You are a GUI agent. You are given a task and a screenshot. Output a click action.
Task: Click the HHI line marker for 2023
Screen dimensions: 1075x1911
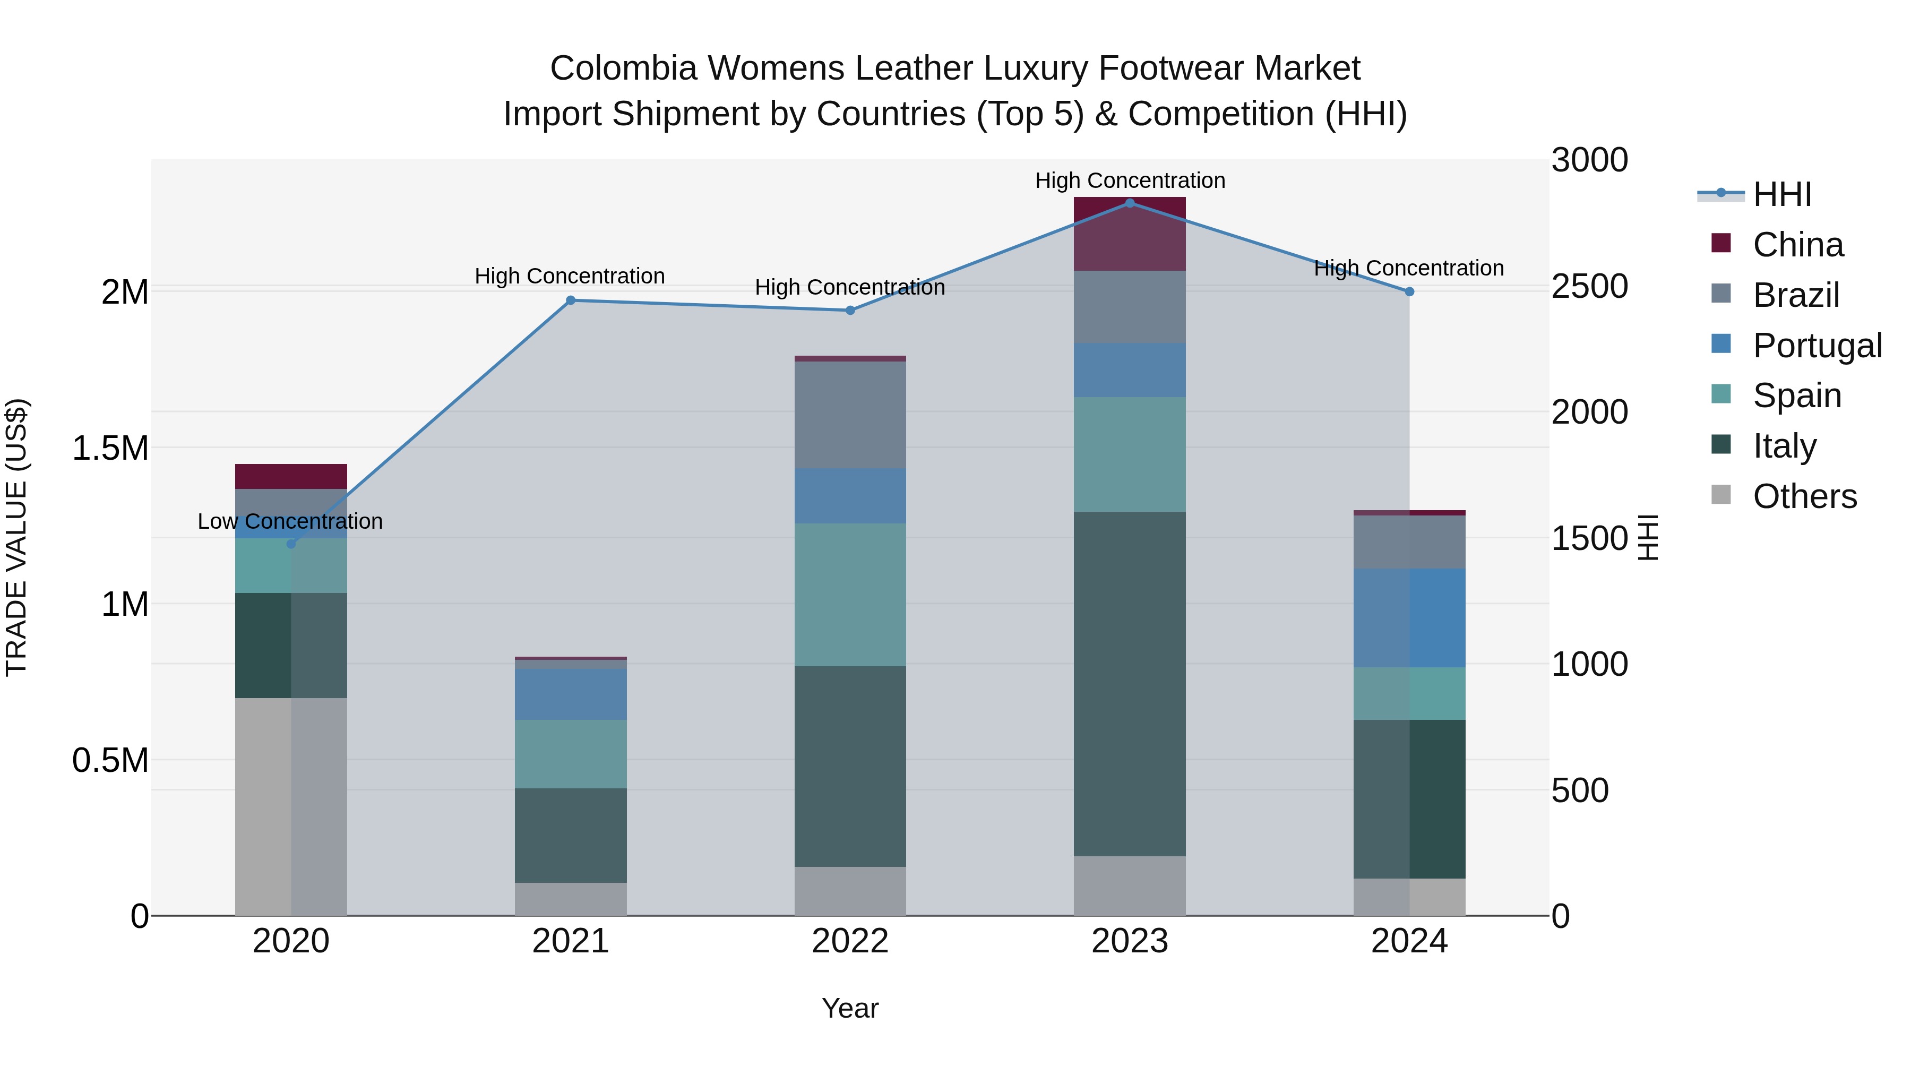pos(1130,203)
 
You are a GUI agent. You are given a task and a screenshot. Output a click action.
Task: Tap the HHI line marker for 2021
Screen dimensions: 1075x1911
pos(571,300)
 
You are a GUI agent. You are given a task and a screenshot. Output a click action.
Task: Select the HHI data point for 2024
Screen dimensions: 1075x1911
pos(1409,291)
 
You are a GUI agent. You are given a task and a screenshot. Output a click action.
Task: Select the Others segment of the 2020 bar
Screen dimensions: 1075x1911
pos(291,806)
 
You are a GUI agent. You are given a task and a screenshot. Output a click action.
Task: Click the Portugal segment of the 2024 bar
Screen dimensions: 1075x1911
pos(1409,618)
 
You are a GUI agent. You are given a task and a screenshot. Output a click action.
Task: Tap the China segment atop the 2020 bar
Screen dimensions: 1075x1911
pos(291,476)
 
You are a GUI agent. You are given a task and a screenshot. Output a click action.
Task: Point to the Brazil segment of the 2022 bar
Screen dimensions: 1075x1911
pos(850,415)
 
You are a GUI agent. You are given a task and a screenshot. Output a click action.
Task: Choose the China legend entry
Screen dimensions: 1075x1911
pos(1797,245)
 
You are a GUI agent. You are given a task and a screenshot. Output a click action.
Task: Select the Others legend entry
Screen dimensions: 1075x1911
pos(1804,496)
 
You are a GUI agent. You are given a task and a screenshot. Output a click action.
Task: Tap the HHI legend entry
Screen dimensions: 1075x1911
pos(1782,194)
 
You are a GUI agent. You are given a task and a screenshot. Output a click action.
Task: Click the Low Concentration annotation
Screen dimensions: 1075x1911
pos(290,521)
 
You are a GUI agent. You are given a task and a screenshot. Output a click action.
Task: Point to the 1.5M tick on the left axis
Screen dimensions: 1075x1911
pos(110,448)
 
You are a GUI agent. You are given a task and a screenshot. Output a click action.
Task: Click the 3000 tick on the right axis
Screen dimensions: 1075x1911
pos(1589,160)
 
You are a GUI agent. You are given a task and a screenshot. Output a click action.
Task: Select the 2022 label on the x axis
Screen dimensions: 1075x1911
pos(850,941)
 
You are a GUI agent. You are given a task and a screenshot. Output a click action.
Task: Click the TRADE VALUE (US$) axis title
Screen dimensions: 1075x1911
pos(16,537)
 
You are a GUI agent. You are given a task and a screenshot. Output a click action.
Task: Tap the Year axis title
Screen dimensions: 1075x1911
pos(850,1008)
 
